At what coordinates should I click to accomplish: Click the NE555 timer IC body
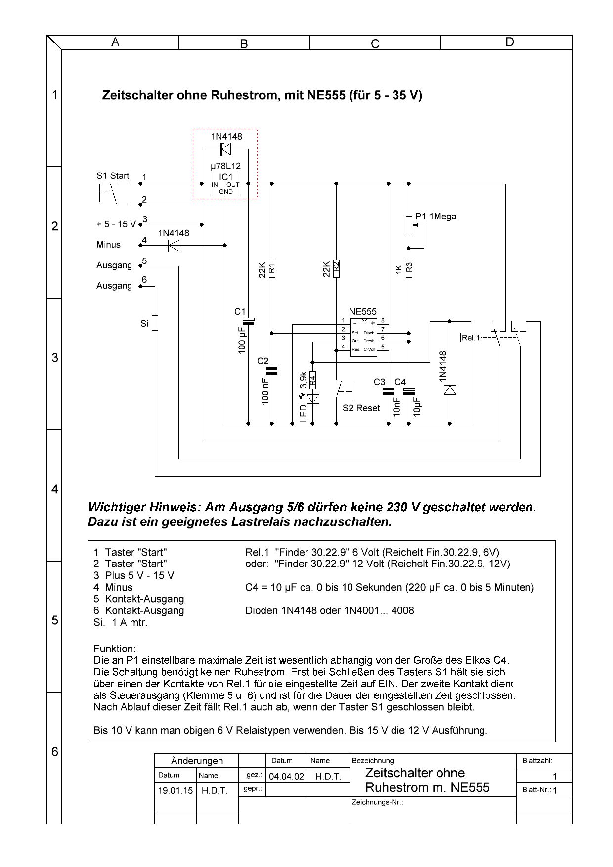363,337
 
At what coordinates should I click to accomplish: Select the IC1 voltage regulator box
225,184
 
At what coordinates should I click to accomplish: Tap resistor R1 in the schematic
272,268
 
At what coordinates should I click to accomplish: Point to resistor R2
336,268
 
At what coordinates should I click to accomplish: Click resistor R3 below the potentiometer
409,268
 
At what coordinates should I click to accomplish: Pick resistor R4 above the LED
312,381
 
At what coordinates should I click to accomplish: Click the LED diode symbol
312,398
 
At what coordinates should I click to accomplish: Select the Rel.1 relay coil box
470,338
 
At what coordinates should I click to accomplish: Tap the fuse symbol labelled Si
155,323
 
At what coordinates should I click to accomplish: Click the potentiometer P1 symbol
409,225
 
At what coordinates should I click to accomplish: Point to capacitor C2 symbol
272,371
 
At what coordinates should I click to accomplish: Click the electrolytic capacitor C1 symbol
249,322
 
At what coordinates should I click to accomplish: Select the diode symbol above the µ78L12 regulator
225,149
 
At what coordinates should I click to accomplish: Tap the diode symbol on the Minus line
173,245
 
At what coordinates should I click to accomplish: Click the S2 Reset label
361,408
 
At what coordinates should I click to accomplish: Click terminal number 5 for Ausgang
144,260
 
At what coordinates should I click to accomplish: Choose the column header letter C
375,43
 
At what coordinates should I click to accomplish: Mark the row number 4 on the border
55,489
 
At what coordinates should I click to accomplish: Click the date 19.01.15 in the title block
175,790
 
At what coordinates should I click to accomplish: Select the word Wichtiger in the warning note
118,507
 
